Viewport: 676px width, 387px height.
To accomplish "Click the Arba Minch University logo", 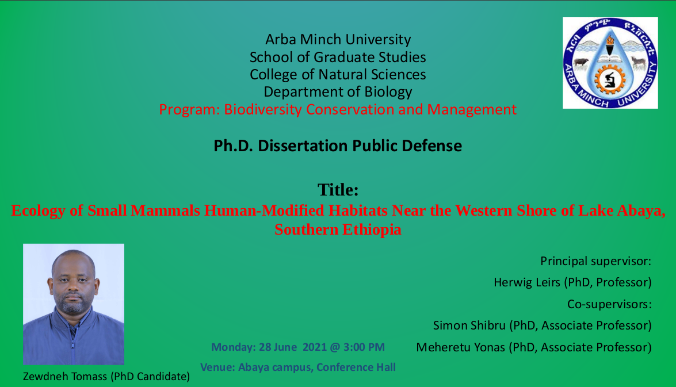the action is coord(610,63).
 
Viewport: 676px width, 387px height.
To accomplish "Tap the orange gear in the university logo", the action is coord(610,80).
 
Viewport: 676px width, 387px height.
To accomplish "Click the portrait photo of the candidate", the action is coord(74,304).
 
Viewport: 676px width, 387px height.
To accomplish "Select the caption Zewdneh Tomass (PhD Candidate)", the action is coord(106,376).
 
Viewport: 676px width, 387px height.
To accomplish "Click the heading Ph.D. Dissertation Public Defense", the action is coord(338,145).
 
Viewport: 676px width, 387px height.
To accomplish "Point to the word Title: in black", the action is coord(338,190).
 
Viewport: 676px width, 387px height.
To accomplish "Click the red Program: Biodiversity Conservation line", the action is coord(338,109).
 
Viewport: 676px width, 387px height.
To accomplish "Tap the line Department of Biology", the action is coord(338,92).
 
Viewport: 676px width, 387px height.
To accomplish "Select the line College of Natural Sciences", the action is coord(338,74).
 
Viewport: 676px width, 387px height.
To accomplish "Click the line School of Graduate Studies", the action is coord(338,57).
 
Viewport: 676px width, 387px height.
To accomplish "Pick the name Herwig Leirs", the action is coord(527,282).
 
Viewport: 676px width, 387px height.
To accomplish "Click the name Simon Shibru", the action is coord(469,325).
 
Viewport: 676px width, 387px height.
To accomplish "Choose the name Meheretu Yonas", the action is coord(460,347).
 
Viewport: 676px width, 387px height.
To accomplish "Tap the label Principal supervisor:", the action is coord(596,261).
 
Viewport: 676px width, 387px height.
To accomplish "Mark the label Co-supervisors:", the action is coord(609,304).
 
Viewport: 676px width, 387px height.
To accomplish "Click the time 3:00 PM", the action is coord(364,347).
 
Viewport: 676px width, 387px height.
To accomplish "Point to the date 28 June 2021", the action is coord(293,347).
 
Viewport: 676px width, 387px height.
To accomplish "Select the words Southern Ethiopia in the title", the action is coord(338,229).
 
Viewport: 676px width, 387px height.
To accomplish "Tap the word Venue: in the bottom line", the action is coord(217,367).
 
